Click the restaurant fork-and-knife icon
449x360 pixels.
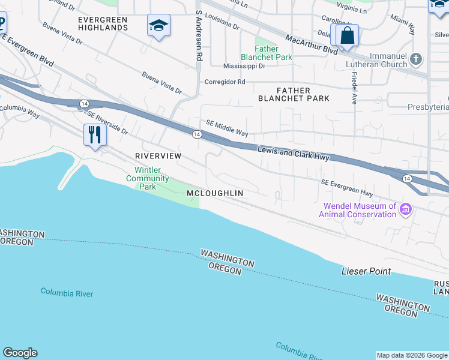[94, 134]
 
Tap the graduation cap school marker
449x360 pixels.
[158, 25]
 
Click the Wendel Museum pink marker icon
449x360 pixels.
[406, 209]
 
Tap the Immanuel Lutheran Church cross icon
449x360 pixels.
[417, 60]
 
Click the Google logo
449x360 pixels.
[20, 353]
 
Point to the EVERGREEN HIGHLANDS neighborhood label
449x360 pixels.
[103, 23]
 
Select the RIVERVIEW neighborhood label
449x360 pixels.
[158, 155]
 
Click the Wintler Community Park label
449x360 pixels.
[148, 178]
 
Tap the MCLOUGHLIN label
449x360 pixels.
[214, 193]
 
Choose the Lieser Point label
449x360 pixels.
[366, 271]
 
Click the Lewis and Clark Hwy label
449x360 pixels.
[295, 153]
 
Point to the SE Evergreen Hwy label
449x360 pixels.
[347, 187]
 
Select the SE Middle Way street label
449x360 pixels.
[227, 128]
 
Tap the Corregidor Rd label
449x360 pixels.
[224, 82]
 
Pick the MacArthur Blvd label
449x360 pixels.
[312, 45]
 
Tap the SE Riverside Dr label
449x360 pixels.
[107, 122]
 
